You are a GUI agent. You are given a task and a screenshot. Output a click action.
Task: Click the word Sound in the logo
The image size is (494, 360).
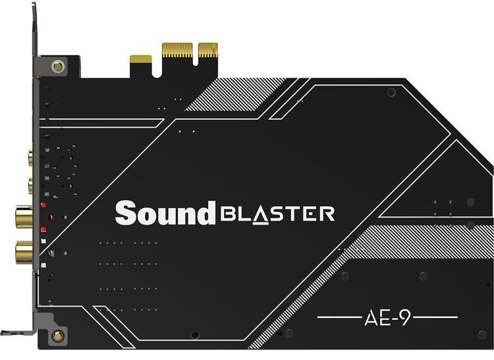[x=165, y=213]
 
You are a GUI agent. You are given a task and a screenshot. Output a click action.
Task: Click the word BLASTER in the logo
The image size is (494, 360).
[x=277, y=215]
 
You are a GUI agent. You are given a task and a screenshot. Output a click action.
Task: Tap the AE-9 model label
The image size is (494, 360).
[x=387, y=318]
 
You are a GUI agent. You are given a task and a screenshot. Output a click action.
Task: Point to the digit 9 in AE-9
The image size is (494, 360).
[x=405, y=318]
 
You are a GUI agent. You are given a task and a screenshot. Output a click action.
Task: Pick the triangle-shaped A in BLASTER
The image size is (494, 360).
[x=261, y=215]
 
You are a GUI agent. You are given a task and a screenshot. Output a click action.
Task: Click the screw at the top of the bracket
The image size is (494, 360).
[x=58, y=66]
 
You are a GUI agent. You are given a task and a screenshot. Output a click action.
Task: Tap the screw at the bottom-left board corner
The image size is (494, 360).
[x=57, y=336]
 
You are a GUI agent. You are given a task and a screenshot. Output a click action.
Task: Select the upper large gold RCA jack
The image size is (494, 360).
[x=24, y=217]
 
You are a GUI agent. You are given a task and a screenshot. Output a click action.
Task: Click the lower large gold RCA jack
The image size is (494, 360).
[x=24, y=252]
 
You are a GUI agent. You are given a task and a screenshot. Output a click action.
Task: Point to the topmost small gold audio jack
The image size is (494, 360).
[x=30, y=158]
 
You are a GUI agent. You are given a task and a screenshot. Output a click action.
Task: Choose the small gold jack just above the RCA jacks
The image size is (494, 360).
[x=30, y=186]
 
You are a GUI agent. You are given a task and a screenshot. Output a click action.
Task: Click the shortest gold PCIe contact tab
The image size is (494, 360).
[x=141, y=59]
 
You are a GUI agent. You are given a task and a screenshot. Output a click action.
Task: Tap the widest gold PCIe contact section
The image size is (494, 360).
[x=177, y=51]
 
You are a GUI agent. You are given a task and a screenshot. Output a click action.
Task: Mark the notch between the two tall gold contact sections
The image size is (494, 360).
[x=196, y=54]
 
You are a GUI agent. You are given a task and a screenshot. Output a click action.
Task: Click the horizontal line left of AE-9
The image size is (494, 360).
[x=339, y=317]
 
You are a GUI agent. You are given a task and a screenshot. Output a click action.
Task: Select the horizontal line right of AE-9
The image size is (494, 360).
[x=435, y=317]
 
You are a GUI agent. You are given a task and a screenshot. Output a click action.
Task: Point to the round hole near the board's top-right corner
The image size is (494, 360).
[x=391, y=92]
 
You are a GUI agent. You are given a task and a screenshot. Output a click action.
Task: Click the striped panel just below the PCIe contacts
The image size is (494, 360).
[x=234, y=94]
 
